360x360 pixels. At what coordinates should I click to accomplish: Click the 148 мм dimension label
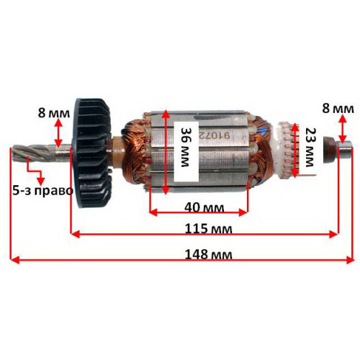click(x=208, y=254)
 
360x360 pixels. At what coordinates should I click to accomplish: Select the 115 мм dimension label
click(x=208, y=229)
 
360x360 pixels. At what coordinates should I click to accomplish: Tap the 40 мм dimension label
click(x=204, y=207)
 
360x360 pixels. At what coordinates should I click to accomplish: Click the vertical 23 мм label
click(x=310, y=147)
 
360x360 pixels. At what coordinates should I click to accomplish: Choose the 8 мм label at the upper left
click(x=54, y=113)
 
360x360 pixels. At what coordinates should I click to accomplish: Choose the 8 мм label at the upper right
click(x=338, y=109)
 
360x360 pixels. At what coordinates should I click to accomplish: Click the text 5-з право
click(x=42, y=191)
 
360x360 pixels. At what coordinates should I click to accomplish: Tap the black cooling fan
click(x=92, y=153)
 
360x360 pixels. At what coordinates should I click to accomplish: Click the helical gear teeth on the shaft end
click(x=30, y=153)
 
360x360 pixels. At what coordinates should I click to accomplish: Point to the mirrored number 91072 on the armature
click(x=213, y=136)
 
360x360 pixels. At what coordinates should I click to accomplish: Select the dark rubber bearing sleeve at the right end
click(x=329, y=150)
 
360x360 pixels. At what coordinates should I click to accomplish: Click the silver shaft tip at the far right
click(x=344, y=150)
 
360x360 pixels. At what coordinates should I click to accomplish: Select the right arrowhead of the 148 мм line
click(x=350, y=260)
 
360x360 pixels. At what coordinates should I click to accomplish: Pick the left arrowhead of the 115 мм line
click(x=76, y=234)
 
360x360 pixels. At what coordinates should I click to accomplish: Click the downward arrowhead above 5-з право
click(x=41, y=181)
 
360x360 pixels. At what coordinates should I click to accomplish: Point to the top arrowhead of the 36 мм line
click(x=165, y=114)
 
